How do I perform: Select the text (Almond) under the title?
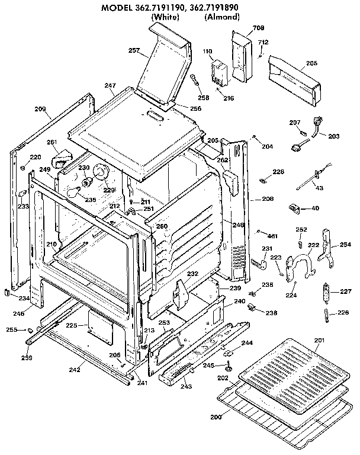point(222,18)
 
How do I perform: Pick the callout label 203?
point(333,136)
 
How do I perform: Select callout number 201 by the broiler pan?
point(319,339)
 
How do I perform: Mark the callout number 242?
point(75,369)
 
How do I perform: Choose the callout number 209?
point(40,108)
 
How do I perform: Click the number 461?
point(273,236)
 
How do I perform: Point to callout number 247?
point(110,86)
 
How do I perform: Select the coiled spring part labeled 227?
point(324,293)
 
